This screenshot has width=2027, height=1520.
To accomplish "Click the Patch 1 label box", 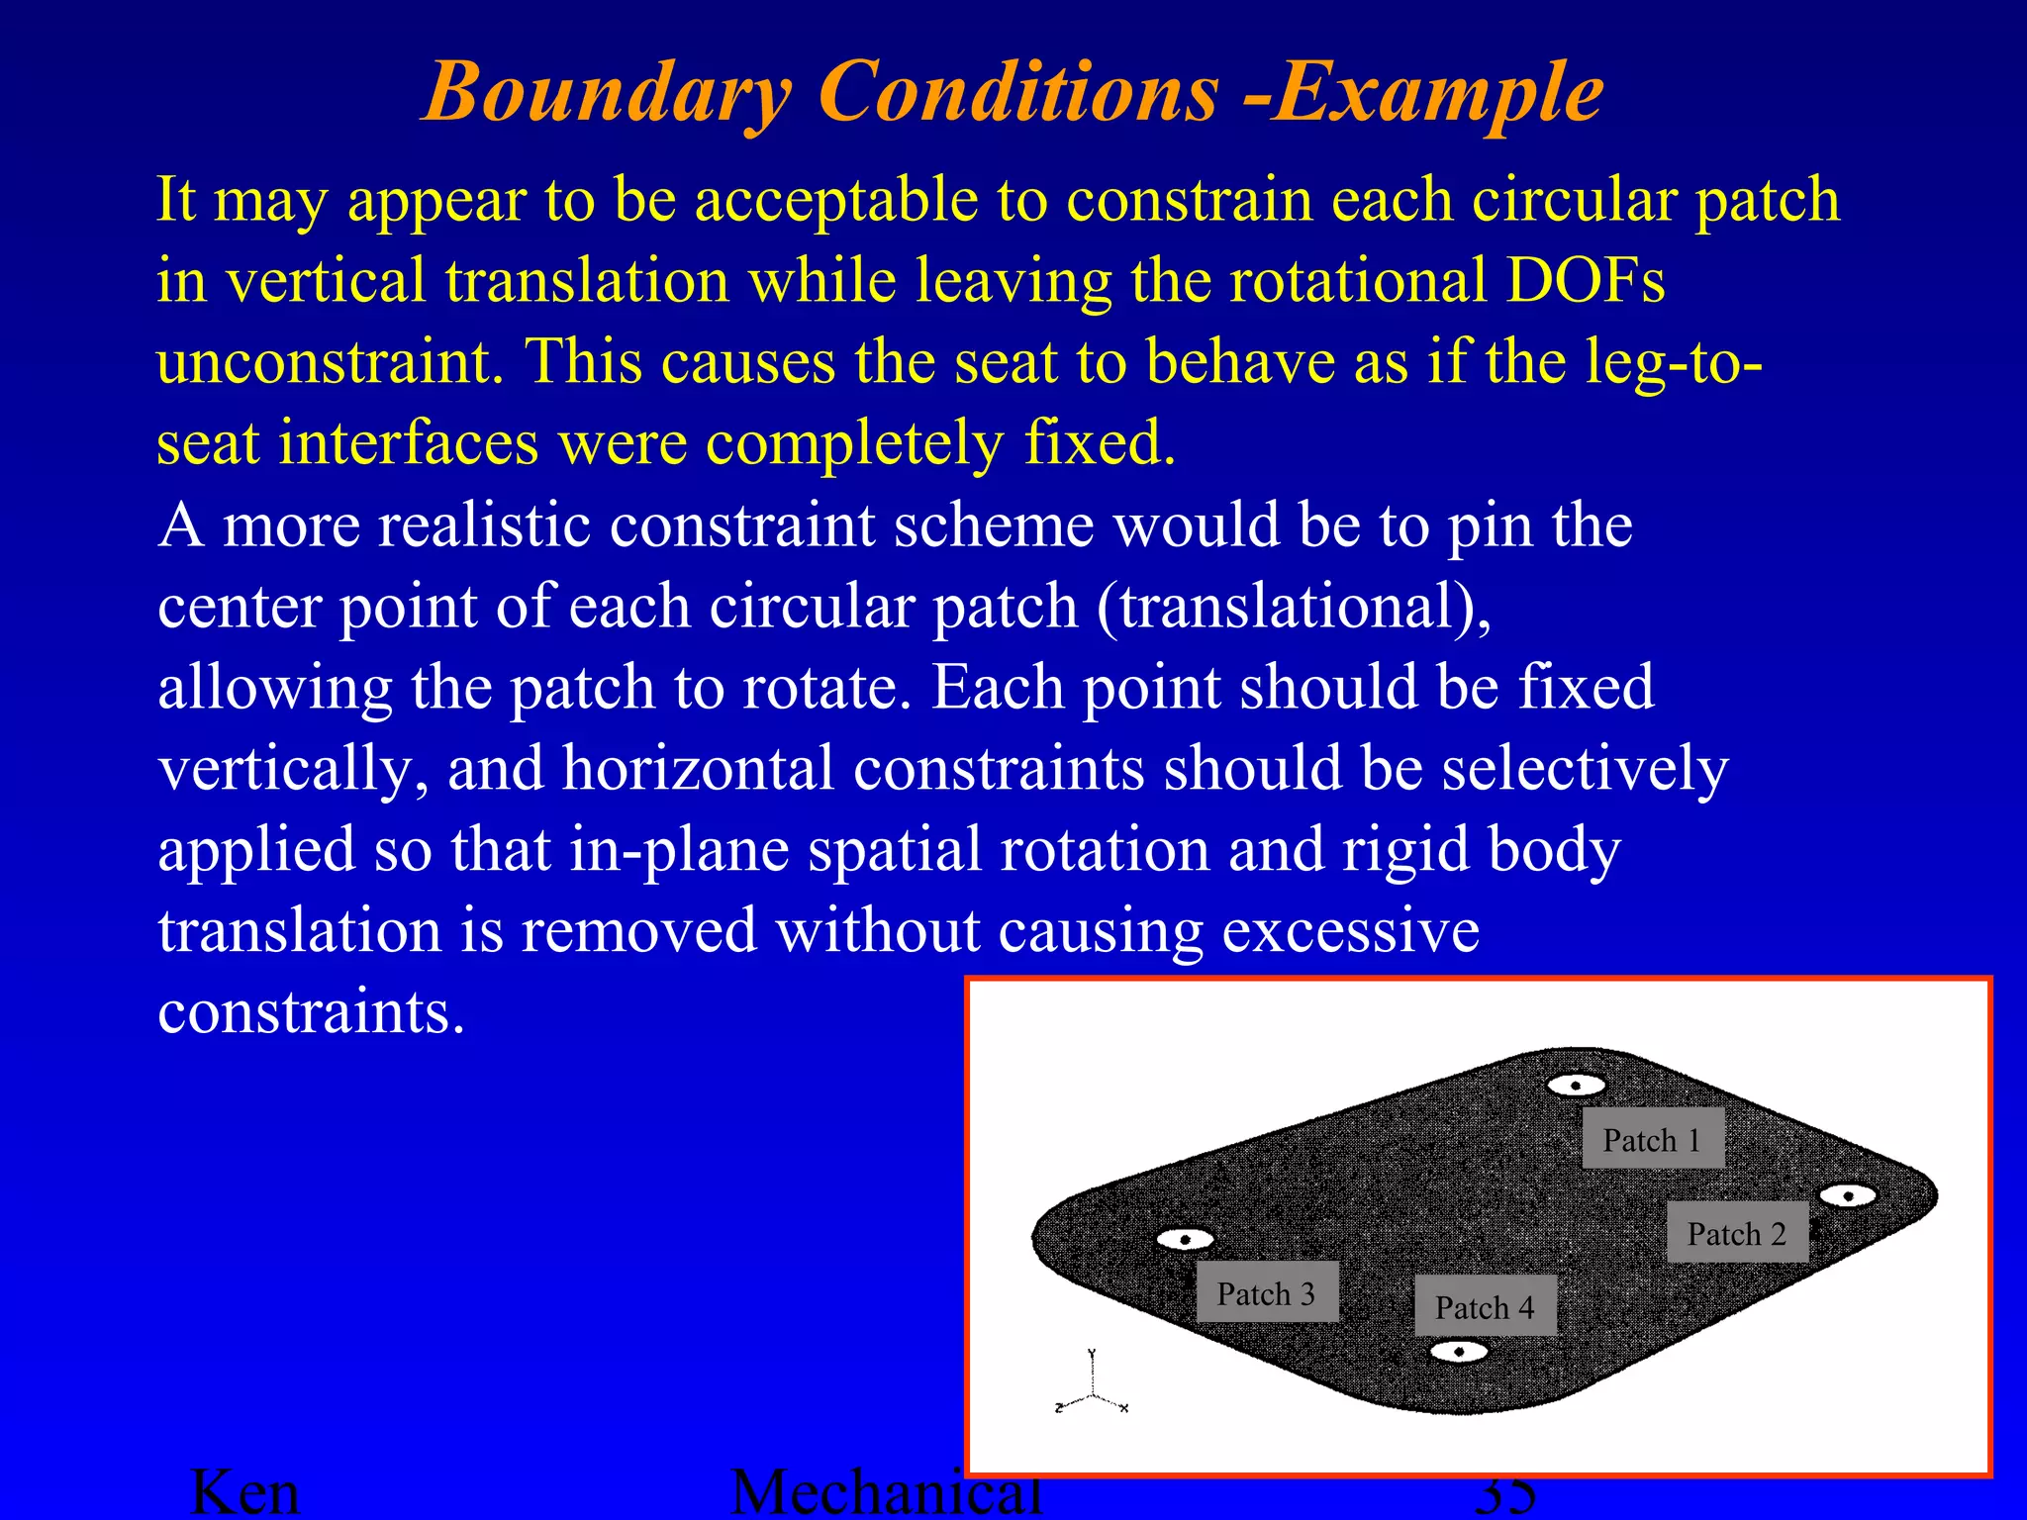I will (1652, 1139).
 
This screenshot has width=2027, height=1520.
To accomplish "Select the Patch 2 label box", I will (1737, 1233).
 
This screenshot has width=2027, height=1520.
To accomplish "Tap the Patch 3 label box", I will (1267, 1292).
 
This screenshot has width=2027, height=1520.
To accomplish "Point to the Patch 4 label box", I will (1485, 1306).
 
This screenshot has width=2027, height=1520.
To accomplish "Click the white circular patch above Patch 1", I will (1576, 1085).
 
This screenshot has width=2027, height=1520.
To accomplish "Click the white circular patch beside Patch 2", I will (1848, 1195).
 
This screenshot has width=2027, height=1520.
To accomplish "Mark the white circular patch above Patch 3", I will (1185, 1239).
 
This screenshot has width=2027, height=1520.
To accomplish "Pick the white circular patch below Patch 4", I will (1459, 1351).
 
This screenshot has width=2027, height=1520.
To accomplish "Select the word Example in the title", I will (1437, 93).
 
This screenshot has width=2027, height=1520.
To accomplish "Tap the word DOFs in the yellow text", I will (1585, 280).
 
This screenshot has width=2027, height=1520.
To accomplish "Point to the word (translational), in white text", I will (1294, 606).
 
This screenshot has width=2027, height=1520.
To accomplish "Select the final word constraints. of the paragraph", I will (311, 1011).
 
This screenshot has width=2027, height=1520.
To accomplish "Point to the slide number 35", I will (1504, 1495).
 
